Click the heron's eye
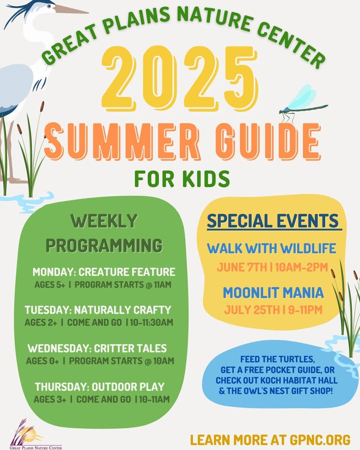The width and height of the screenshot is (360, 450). (50, 5)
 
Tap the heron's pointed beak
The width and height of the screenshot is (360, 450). (71, 10)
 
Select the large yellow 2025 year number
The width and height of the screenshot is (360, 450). (179, 78)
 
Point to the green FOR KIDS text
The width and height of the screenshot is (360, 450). (182, 178)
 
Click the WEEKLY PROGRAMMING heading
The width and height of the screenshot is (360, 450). (104, 232)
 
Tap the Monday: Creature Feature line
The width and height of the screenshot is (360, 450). (104, 272)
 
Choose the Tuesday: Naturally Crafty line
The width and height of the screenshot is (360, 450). (98, 310)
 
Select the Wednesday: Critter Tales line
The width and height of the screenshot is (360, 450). (97, 348)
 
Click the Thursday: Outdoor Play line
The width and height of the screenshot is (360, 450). (100, 387)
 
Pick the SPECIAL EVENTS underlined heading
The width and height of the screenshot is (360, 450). (273, 221)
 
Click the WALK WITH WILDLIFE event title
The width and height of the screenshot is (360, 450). (271, 248)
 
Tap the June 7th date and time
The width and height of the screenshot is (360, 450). (272, 267)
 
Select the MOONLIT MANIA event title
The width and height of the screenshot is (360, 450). (273, 292)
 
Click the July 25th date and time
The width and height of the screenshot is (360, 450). (273, 310)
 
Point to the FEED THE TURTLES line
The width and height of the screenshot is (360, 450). (277, 359)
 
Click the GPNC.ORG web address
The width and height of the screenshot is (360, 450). (320, 440)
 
